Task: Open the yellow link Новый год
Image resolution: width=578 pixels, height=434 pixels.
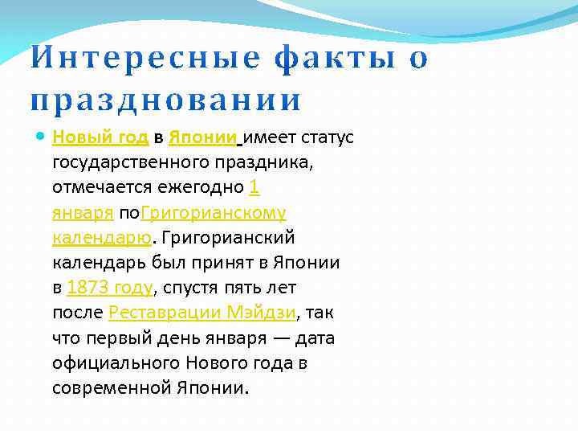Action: (100, 137)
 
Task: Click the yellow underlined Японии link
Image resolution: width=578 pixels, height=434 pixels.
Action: (202, 137)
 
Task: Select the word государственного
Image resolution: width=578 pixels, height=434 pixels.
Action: (131, 162)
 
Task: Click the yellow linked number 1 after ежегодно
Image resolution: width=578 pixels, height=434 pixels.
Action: (254, 187)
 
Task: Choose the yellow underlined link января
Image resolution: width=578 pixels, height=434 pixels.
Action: (82, 213)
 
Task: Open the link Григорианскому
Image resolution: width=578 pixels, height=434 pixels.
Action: (214, 213)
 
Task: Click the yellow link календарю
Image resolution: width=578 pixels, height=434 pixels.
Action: (101, 238)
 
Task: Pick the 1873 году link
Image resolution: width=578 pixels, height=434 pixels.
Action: (110, 288)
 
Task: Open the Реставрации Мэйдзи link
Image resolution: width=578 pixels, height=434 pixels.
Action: (202, 313)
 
